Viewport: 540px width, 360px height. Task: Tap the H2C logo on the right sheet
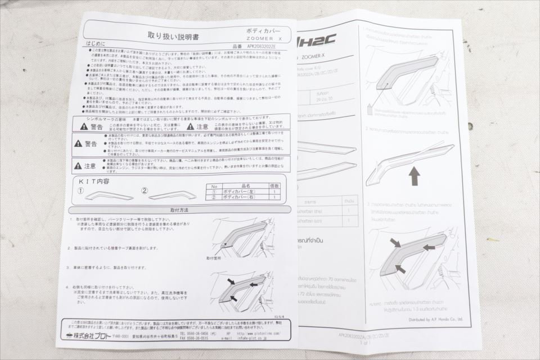click(x=318, y=40)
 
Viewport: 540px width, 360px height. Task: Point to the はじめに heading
click(x=95, y=43)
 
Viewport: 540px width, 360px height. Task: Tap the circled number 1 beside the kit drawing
click(x=80, y=191)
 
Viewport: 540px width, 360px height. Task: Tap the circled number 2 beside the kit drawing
click(x=145, y=191)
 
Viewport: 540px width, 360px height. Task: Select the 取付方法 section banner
click(x=179, y=210)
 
